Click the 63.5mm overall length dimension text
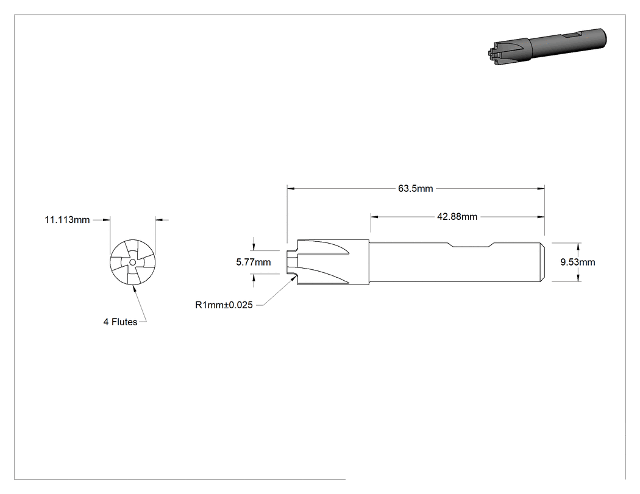click(416, 188)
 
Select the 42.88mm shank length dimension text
click(457, 217)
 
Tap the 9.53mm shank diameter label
click(578, 262)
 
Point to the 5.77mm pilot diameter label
click(254, 262)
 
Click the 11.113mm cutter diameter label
click(67, 220)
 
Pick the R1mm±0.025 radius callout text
click(224, 305)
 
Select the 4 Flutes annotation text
click(121, 322)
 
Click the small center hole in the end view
click(132, 263)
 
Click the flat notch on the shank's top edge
click(471, 245)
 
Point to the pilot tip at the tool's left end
click(292, 262)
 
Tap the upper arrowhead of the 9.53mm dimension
click(578, 246)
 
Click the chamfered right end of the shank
click(542, 262)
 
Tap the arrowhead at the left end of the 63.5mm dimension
click(291, 188)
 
